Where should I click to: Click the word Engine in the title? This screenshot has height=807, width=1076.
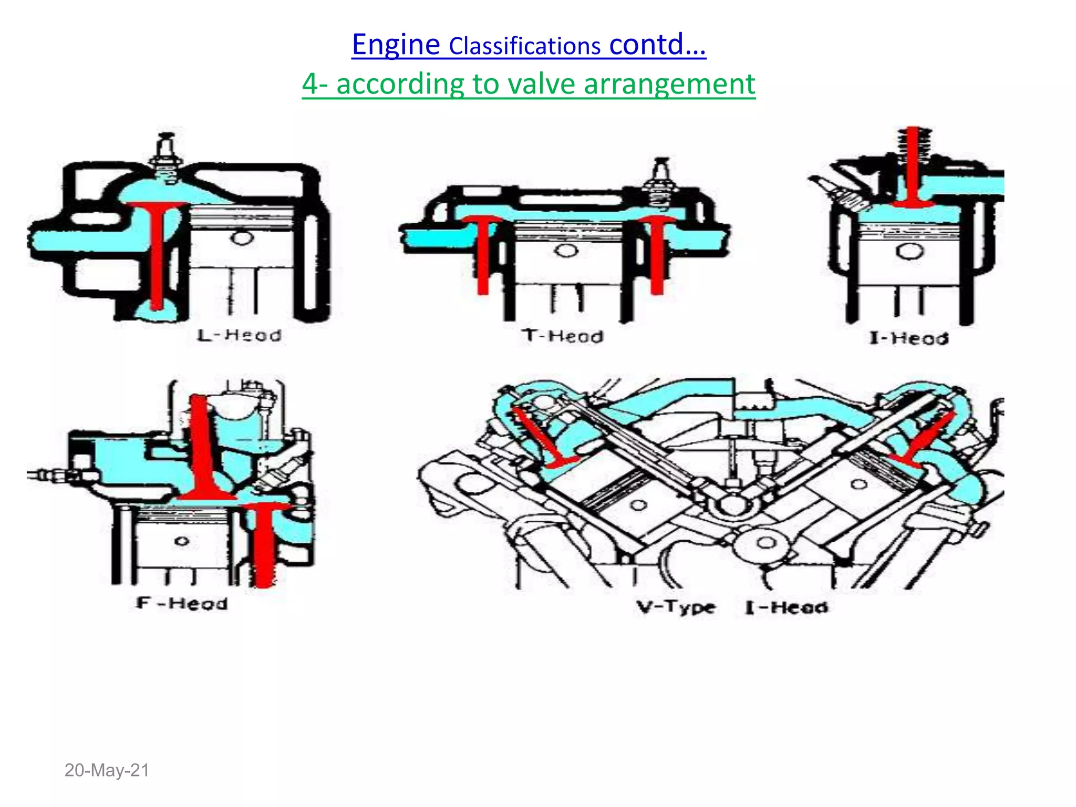click(395, 44)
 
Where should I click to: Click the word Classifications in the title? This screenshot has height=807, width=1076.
click(524, 46)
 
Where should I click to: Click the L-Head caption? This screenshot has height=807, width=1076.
click(240, 335)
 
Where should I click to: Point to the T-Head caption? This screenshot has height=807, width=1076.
click(563, 336)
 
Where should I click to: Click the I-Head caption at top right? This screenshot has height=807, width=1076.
click(908, 338)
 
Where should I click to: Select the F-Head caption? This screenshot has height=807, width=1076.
click(182, 603)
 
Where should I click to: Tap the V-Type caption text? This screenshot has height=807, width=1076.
click(676, 607)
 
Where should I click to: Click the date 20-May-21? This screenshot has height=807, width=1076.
click(107, 770)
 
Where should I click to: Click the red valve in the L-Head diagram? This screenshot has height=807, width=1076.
click(156, 252)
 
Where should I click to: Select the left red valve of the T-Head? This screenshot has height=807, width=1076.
click(482, 252)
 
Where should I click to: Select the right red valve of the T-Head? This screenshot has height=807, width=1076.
click(657, 252)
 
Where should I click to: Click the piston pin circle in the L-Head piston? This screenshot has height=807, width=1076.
click(242, 237)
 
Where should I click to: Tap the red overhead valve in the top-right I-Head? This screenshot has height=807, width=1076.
click(913, 168)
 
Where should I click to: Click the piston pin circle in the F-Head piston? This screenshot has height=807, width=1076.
click(182, 541)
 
